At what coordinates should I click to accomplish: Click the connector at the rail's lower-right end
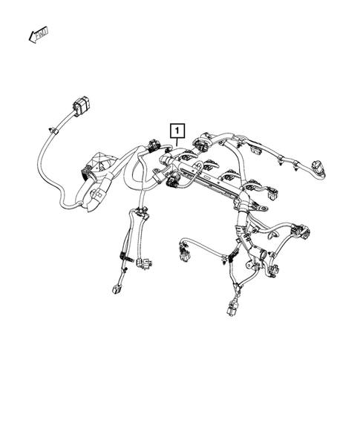pos(272,194)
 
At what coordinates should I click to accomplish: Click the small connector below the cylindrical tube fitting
pos(274,271)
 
